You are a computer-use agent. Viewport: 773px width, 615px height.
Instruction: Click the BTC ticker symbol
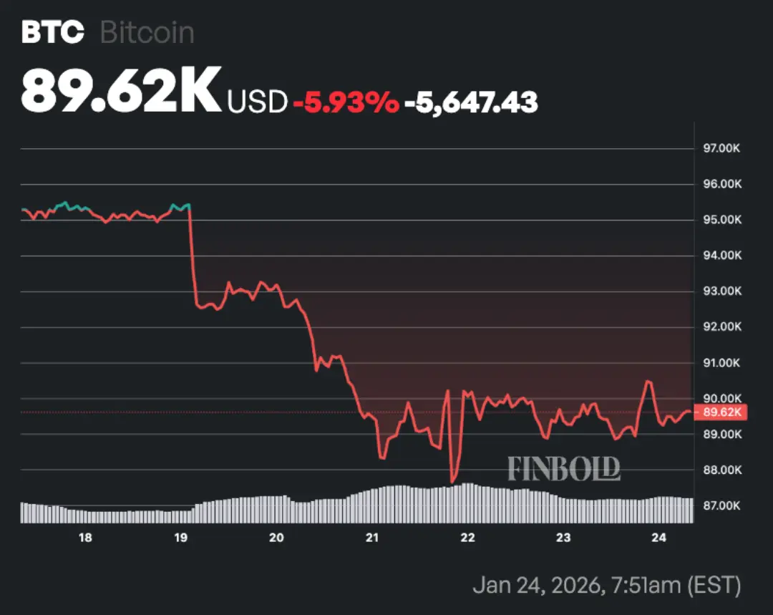point(52,33)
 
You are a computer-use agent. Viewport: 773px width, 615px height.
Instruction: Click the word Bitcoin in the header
point(147,33)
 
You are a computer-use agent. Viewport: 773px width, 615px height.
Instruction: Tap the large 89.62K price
point(121,90)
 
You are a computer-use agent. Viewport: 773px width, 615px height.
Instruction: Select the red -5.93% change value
point(346,102)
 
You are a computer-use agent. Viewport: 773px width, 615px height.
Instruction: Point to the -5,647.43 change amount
point(471,102)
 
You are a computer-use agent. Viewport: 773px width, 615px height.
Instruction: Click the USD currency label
point(257,102)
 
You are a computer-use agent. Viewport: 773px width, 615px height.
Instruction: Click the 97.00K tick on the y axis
point(722,149)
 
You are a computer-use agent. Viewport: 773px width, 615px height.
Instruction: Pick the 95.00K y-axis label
point(722,220)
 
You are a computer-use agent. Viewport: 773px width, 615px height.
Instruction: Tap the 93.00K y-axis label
point(722,291)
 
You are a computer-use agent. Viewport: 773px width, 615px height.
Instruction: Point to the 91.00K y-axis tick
point(722,363)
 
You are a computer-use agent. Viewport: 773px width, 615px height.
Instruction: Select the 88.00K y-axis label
point(722,470)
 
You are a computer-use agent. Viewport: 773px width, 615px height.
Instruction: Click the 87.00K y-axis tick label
point(722,506)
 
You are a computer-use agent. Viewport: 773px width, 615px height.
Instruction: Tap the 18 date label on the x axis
point(85,538)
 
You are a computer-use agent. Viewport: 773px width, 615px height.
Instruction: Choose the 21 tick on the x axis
point(372,538)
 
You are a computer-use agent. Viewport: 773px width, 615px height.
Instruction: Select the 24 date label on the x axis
point(660,538)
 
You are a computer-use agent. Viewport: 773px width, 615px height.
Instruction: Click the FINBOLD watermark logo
point(564,469)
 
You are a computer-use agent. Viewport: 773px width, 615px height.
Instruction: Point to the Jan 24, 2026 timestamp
point(607,586)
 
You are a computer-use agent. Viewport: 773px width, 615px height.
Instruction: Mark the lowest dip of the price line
point(452,481)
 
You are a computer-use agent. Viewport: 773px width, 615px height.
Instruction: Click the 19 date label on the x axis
point(181,538)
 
